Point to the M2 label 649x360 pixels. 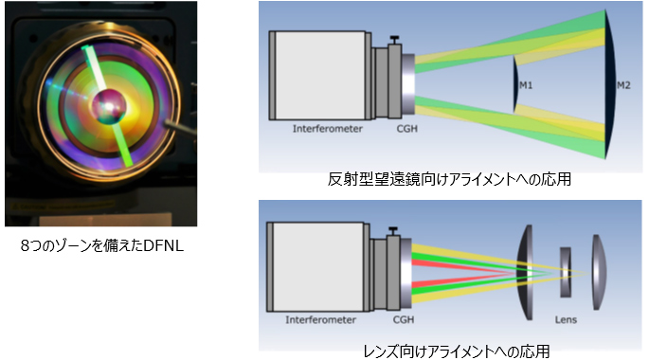(x=622, y=85)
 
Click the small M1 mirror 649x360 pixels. (x=514, y=85)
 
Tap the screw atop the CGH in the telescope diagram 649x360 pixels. (x=392, y=40)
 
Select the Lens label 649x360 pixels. (x=566, y=320)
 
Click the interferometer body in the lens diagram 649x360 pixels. (x=317, y=265)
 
